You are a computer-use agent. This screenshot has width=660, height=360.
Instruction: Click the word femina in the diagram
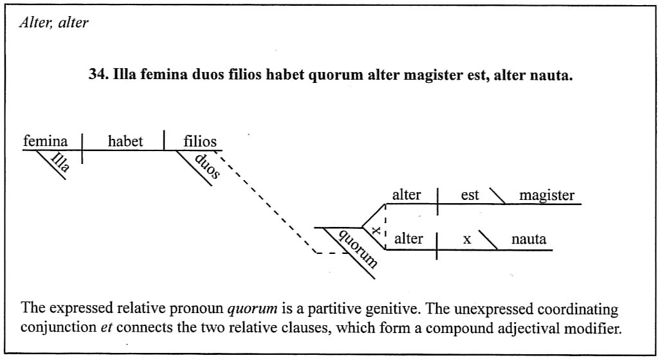[x=45, y=141]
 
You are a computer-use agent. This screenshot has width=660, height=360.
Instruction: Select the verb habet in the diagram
[x=125, y=141]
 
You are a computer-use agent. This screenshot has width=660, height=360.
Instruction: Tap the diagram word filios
[x=200, y=141]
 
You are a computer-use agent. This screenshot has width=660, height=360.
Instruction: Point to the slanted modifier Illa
[x=60, y=162]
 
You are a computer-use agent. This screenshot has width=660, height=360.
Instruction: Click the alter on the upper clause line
[x=406, y=195]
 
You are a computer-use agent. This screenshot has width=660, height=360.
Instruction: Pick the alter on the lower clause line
[x=408, y=239]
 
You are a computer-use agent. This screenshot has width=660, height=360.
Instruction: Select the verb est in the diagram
[x=470, y=195]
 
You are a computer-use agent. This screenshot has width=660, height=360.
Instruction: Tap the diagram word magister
[x=547, y=195]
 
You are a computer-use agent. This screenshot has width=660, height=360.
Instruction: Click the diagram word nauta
[x=529, y=239]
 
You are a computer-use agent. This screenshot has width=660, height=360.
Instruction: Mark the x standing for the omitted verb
[x=467, y=240]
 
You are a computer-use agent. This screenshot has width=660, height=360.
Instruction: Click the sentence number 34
[x=99, y=75]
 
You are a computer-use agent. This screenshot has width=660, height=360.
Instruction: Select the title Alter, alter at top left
[x=54, y=22]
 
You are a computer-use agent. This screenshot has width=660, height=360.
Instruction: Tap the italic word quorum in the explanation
[x=252, y=309]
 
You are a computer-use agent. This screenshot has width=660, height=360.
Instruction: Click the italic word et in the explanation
[x=106, y=327]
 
